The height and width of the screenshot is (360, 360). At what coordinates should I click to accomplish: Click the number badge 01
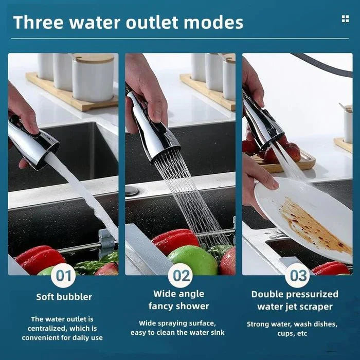coord(63,276)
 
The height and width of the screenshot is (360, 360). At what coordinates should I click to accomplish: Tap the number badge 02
coord(181,276)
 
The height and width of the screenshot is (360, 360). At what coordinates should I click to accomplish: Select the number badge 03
coord(298,276)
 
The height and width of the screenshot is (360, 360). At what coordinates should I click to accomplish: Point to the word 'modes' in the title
coord(212,22)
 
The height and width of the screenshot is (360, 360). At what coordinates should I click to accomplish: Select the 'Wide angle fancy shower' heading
coord(178,300)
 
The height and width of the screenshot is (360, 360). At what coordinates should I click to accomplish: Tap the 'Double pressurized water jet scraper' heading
coord(295,300)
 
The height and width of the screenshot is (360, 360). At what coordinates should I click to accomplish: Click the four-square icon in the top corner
coord(345,19)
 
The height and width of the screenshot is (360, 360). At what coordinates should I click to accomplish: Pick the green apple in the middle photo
coord(192,260)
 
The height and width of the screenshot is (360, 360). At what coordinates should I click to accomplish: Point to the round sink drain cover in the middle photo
coord(132,191)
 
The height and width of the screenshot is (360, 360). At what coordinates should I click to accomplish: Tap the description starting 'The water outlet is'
coord(62,328)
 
